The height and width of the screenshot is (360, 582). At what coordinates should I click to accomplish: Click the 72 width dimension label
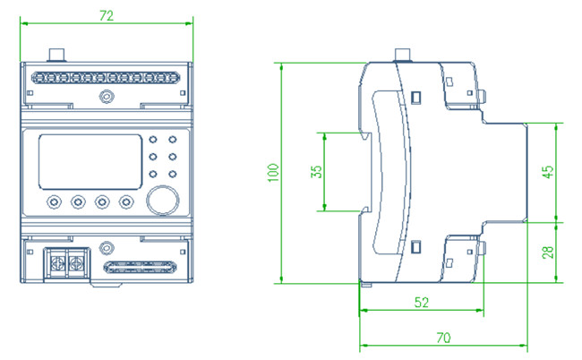tap(107, 15)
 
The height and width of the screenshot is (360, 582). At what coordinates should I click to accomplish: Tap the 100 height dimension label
tap(274, 173)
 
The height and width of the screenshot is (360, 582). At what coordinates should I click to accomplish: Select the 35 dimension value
tap(316, 172)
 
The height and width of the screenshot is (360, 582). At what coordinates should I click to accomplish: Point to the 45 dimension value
tap(548, 172)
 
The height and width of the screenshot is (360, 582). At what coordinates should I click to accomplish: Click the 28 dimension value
tap(548, 253)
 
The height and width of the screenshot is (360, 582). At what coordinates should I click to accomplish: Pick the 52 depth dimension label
tap(422, 303)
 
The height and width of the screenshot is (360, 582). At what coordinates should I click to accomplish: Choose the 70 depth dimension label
tap(443, 338)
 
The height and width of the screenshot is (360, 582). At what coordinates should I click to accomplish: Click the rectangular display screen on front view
tap(90, 162)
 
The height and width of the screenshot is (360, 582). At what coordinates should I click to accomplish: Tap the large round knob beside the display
tap(163, 200)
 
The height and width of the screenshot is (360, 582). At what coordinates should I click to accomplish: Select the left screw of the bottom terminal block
tap(57, 264)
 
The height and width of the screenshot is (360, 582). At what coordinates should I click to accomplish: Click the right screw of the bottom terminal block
tap(76, 264)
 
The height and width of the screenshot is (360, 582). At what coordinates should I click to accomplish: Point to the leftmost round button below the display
tap(55, 201)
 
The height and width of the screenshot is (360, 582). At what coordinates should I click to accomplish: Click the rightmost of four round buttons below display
tap(126, 201)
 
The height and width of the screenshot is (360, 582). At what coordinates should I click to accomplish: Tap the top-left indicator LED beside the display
tap(153, 140)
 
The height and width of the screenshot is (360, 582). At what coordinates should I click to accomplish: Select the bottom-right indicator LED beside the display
tap(172, 174)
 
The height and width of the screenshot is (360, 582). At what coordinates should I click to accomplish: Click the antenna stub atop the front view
tap(57, 55)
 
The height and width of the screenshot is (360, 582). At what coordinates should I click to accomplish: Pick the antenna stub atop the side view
tap(404, 55)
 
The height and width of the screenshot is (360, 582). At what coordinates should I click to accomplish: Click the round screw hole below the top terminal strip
tap(107, 97)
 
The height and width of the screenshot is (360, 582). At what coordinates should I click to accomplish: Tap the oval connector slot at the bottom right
tap(140, 267)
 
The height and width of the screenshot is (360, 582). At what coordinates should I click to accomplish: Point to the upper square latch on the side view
tap(415, 98)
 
